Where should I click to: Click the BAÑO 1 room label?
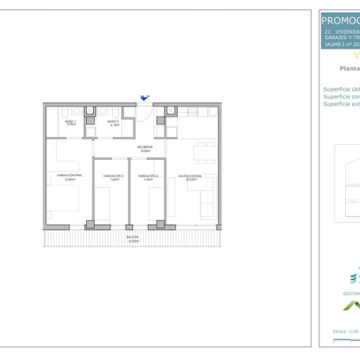pyautogui.click(x=70, y=122)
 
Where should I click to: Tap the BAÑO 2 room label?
pyautogui.click(x=113, y=122)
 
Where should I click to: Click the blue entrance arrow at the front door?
pyautogui.click(x=144, y=98)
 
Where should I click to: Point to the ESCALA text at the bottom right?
pyautogui.click(x=341, y=331)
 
